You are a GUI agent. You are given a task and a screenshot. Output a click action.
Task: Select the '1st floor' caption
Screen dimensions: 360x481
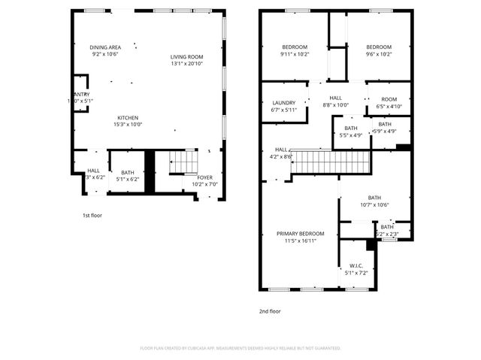coord(92,216)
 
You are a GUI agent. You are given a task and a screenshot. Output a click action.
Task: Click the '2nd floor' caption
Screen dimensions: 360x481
coord(270,310)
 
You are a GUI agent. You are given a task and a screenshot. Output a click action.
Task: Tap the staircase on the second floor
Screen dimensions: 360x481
coord(331,162)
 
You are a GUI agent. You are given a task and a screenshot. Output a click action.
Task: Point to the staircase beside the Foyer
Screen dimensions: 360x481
coord(183,162)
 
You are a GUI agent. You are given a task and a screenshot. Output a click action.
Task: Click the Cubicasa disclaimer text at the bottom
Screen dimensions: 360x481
coord(240,348)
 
